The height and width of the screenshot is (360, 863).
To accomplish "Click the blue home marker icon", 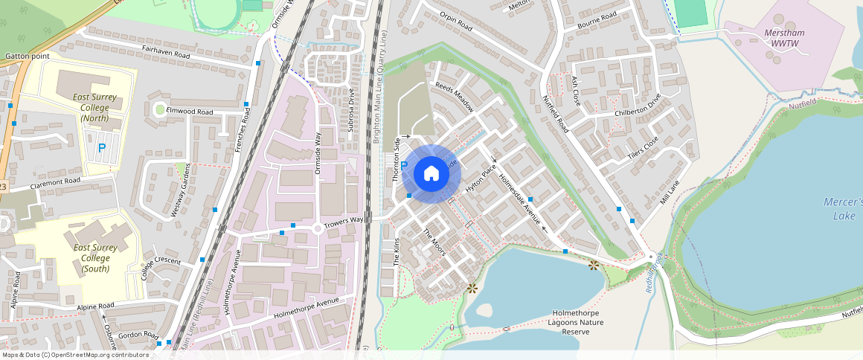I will pos(431,173).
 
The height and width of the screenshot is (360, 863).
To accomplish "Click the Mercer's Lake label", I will pos(843,208).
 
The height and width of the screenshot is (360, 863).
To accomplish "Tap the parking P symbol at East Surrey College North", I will pos(102,148).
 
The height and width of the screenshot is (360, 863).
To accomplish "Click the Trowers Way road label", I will pos(343,219).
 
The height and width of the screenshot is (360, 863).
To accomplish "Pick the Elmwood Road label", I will pos(190,112).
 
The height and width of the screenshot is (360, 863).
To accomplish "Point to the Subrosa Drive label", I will pos(350,110).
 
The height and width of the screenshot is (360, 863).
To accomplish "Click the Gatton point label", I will pos(27,57).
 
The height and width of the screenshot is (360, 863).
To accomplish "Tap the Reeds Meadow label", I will pos(454,97).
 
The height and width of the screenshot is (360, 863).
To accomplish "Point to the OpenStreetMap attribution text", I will pos(74,355).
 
